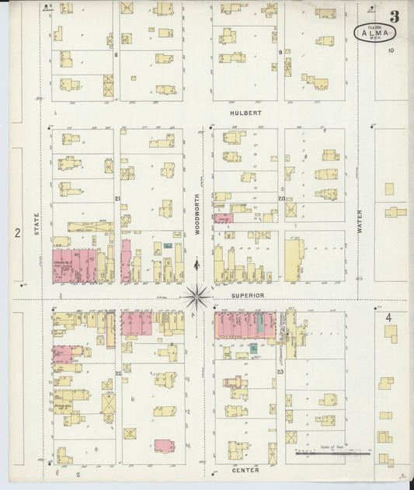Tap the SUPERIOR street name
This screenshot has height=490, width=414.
pos(247,296)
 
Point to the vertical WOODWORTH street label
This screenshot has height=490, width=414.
pos(198,214)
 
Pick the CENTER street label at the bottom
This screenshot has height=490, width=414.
pos(245,470)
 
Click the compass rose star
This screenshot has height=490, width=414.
pos(197,295)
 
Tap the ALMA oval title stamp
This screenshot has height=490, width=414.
pos(376,33)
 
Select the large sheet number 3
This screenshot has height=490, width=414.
pos(395,16)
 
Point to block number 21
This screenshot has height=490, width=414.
pos(117,199)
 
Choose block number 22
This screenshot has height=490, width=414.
pos(118,374)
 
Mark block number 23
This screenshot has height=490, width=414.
pos(280,374)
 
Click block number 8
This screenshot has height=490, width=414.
pos(116,55)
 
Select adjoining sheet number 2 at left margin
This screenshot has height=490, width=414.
pos(16,232)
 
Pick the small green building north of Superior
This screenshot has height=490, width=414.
pos(168,245)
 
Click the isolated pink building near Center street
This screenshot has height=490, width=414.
pos(164,446)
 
